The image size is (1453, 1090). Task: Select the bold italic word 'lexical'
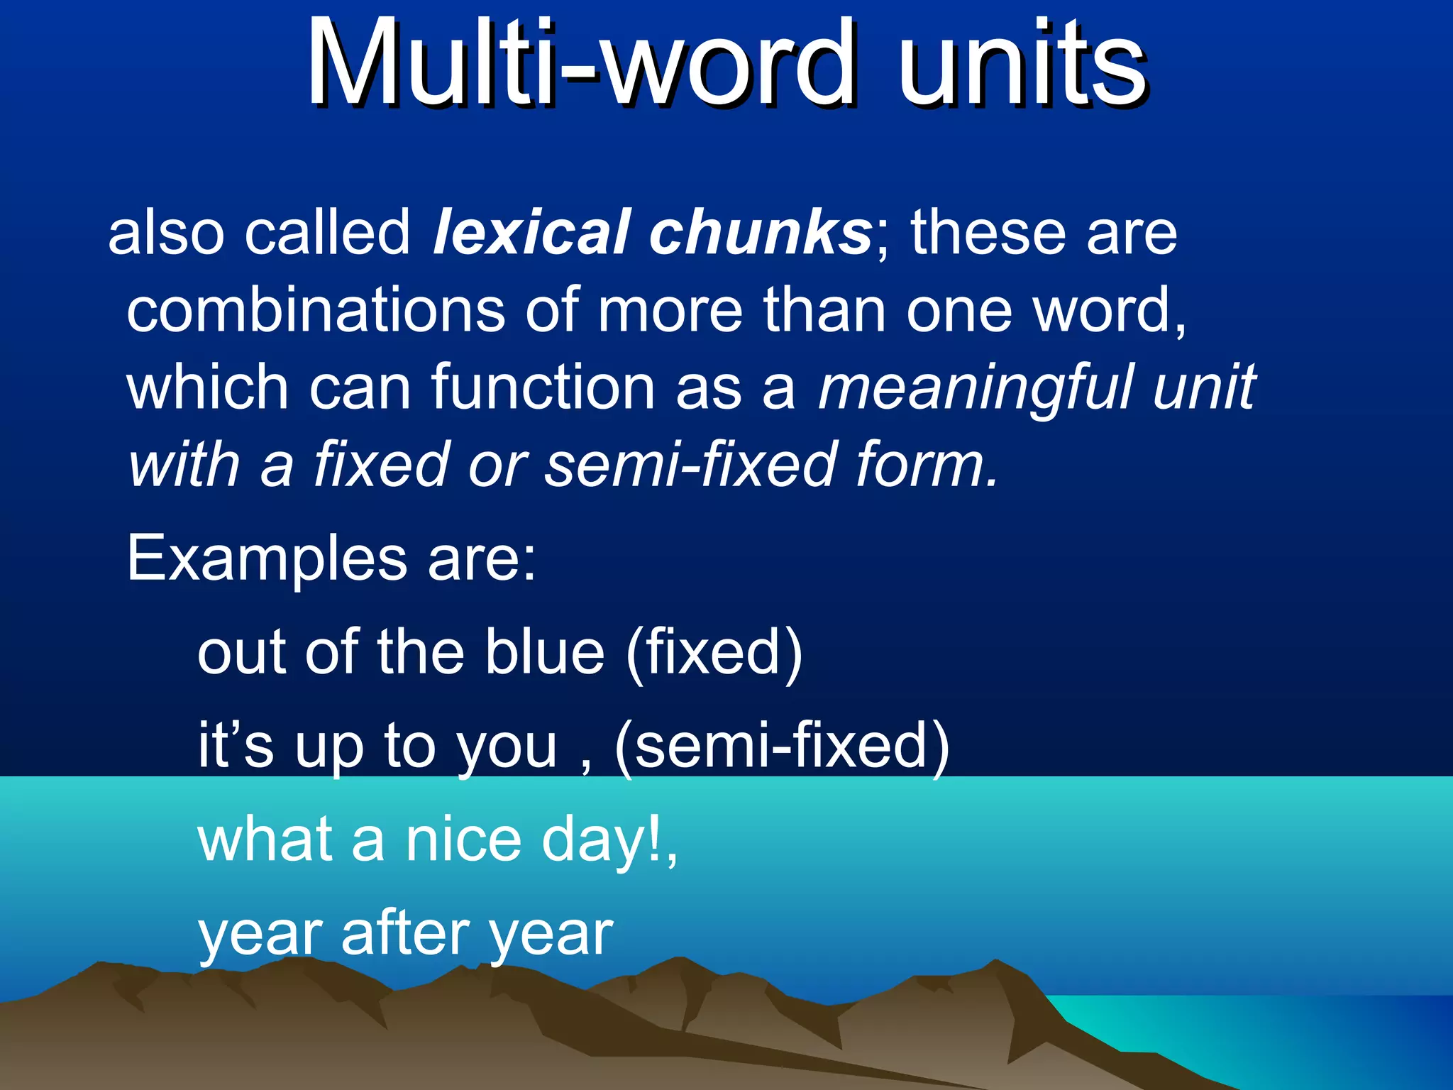coord(531,233)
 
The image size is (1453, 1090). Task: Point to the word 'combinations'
coord(316,310)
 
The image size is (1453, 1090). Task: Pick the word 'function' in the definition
coord(543,387)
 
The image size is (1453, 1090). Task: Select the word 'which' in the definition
coord(207,387)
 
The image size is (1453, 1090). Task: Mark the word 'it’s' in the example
coord(235,746)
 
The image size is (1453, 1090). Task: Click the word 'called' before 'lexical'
coord(327,233)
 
